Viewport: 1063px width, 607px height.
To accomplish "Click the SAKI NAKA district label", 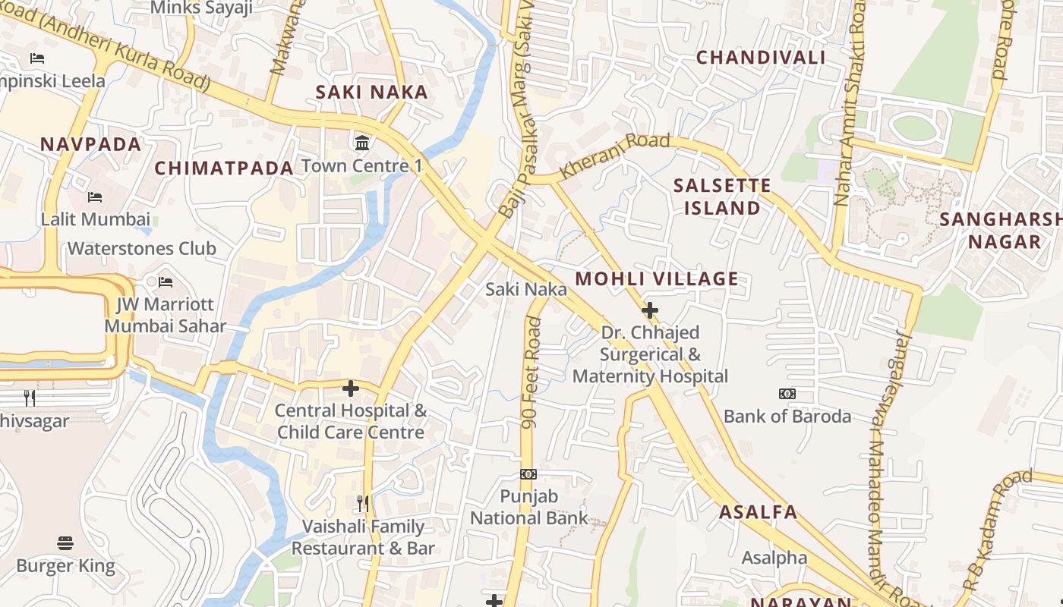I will (372, 93).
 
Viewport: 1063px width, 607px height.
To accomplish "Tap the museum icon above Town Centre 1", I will (362, 143).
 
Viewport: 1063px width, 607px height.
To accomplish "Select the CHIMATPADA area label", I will (224, 168).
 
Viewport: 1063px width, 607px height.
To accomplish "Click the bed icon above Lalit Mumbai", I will (95, 197).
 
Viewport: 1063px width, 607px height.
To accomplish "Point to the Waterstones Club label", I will (142, 249).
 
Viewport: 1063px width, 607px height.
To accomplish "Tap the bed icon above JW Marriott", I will (166, 282).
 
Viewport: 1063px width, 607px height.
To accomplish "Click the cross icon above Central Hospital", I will (350, 388).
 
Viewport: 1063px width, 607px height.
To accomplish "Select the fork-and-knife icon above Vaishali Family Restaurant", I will (363, 503).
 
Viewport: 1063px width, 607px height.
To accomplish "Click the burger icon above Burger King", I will (65, 543).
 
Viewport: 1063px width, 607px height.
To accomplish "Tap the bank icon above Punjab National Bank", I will (528, 474).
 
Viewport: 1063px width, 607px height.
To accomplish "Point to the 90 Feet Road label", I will (533, 372).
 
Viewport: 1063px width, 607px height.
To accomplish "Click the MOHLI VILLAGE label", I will (657, 279).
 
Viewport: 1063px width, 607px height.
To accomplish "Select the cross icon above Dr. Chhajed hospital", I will (650, 310).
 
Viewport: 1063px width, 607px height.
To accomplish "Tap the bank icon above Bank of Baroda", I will (787, 394).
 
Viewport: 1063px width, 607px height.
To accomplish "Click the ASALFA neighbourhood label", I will (759, 512).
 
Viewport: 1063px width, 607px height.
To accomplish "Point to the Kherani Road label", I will (615, 156).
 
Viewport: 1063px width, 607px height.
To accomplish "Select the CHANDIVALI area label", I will (761, 58).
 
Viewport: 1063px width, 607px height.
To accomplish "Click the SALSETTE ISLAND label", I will (722, 197).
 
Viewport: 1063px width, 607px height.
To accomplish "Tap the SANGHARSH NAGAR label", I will (1001, 231).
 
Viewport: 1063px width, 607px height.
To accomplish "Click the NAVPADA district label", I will (91, 144).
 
